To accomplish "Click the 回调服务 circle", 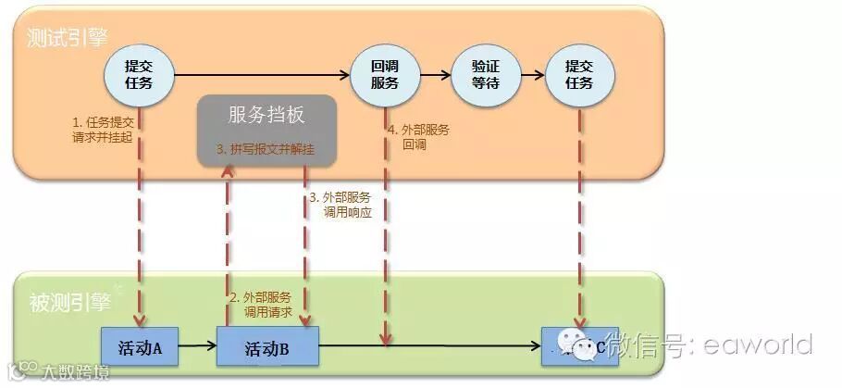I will click(x=384, y=74).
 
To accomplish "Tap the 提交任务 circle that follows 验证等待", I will click(x=579, y=74).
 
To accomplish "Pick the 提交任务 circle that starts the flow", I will click(x=138, y=74).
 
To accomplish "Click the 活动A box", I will click(x=139, y=348).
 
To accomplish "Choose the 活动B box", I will click(x=267, y=348).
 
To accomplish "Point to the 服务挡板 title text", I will click(x=266, y=115).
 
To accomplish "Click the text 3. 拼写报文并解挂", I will click(x=266, y=148).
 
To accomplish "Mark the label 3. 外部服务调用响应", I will click(x=340, y=205).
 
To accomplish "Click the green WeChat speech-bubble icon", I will click(x=585, y=347).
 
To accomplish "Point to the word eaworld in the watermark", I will click(x=757, y=344).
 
